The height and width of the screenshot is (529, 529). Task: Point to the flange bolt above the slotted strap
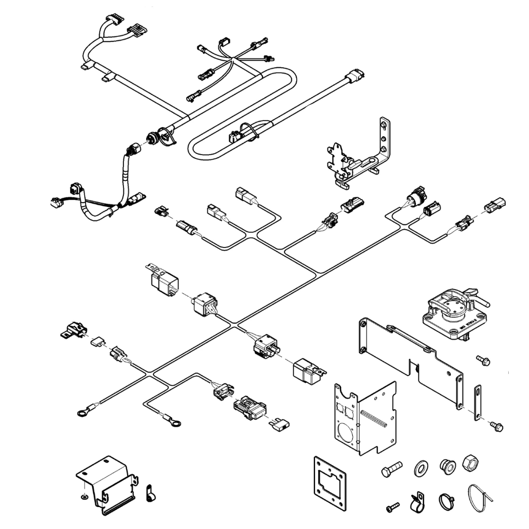484,360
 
